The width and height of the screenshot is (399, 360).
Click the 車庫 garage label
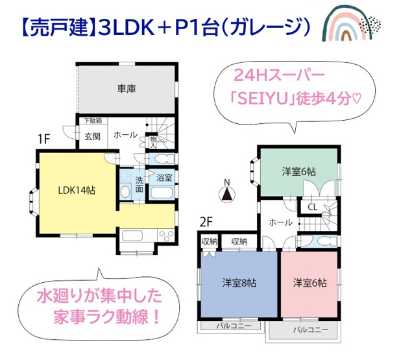click(127, 89)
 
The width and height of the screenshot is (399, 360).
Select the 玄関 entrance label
click(91, 136)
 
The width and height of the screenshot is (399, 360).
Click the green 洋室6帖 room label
click(298, 171)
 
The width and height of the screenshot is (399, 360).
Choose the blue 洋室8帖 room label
click(239, 283)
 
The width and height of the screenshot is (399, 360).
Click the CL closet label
click(312, 208)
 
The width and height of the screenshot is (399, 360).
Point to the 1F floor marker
click(43, 138)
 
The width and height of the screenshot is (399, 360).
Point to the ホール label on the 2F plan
click(280, 222)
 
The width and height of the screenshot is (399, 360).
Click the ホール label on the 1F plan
click(125, 135)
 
